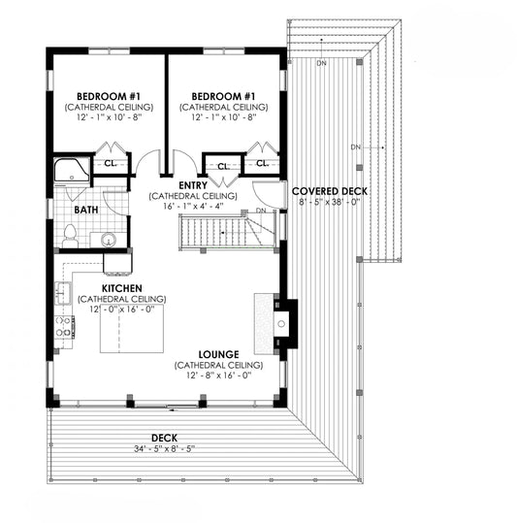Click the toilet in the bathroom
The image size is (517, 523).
[70, 236]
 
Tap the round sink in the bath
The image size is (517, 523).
[109, 240]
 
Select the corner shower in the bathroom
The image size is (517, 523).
[72, 170]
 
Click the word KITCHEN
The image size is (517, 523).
[121, 288]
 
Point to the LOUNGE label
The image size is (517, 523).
[218, 354]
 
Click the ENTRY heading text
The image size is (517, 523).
[193, 185]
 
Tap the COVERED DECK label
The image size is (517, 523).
[330, 191]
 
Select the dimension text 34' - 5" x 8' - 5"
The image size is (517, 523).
[164, 448]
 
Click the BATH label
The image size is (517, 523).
[86, 210]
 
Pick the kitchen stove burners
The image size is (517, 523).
[64, 327]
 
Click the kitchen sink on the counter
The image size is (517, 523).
[63, 293]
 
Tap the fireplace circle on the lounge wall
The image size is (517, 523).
[281, 323]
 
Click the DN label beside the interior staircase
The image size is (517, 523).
[261, 211]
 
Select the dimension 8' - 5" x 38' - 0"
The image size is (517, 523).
[330, 202]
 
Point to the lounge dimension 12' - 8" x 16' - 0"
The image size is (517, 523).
[218, 376]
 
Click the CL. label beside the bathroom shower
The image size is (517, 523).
[111, 163]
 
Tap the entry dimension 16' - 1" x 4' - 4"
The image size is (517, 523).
[193, 206]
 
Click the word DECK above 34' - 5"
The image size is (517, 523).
[164, 438]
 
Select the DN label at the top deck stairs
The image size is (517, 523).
[322, 63]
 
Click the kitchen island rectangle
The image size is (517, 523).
[132, 329]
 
